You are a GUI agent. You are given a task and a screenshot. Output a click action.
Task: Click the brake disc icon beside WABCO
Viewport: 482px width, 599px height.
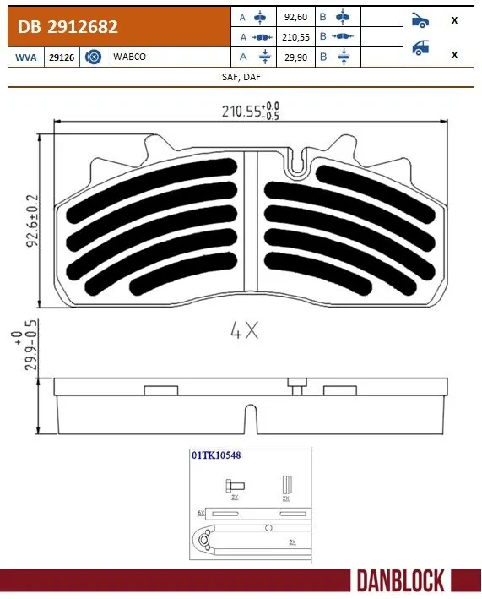[95, 56]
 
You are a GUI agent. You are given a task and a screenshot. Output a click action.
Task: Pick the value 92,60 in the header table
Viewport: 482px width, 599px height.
[295, 16]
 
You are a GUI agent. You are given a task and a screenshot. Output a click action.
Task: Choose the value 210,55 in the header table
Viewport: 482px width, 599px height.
[295, 36]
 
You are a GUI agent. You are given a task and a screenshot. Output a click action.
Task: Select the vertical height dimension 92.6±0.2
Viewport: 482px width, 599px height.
[32, 220]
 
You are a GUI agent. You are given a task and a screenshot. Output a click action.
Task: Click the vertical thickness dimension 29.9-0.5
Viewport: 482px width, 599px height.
[32, 352]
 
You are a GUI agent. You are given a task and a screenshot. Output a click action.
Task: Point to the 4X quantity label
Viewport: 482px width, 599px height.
[244, 331]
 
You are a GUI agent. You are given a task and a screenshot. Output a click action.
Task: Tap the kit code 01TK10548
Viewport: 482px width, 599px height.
[215, 455]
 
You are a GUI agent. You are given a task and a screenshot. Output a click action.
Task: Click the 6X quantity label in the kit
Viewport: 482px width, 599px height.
[201, 513]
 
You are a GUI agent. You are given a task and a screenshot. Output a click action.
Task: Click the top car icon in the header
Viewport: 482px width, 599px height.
[420, 19]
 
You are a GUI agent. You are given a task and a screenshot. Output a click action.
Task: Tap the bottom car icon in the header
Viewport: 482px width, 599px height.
[420, 49]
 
